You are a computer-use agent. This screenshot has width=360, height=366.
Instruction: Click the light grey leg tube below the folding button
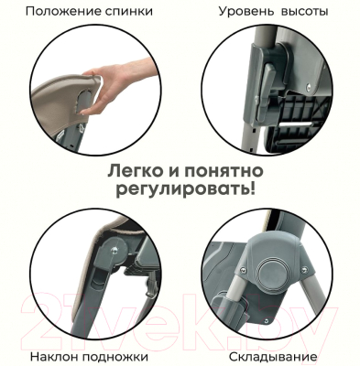[x=237, y=312]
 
